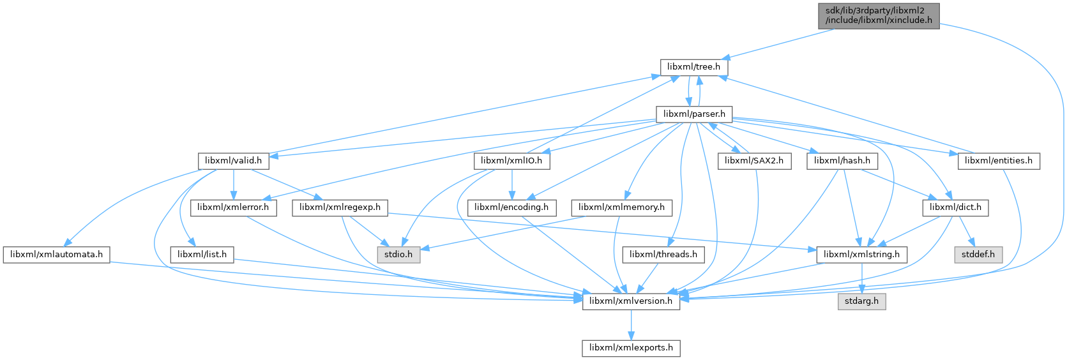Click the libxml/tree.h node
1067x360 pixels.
693,66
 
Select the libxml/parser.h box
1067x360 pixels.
694,114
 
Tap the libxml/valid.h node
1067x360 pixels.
233,161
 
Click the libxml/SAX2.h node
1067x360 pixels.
754,161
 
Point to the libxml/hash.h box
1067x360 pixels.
842,161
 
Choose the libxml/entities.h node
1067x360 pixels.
999,161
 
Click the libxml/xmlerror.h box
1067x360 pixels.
233,207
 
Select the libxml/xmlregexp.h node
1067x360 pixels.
340,207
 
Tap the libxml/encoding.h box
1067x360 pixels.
511,207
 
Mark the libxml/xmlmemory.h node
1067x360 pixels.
621,207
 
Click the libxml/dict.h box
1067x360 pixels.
955,207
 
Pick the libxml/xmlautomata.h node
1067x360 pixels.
57,254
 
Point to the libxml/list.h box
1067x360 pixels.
202,254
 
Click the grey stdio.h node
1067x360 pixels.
398,254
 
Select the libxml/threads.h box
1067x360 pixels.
663,254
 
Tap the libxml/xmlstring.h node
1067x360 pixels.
861,254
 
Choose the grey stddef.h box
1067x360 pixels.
978,254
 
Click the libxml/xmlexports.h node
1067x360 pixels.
631,348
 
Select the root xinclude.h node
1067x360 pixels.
879,15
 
